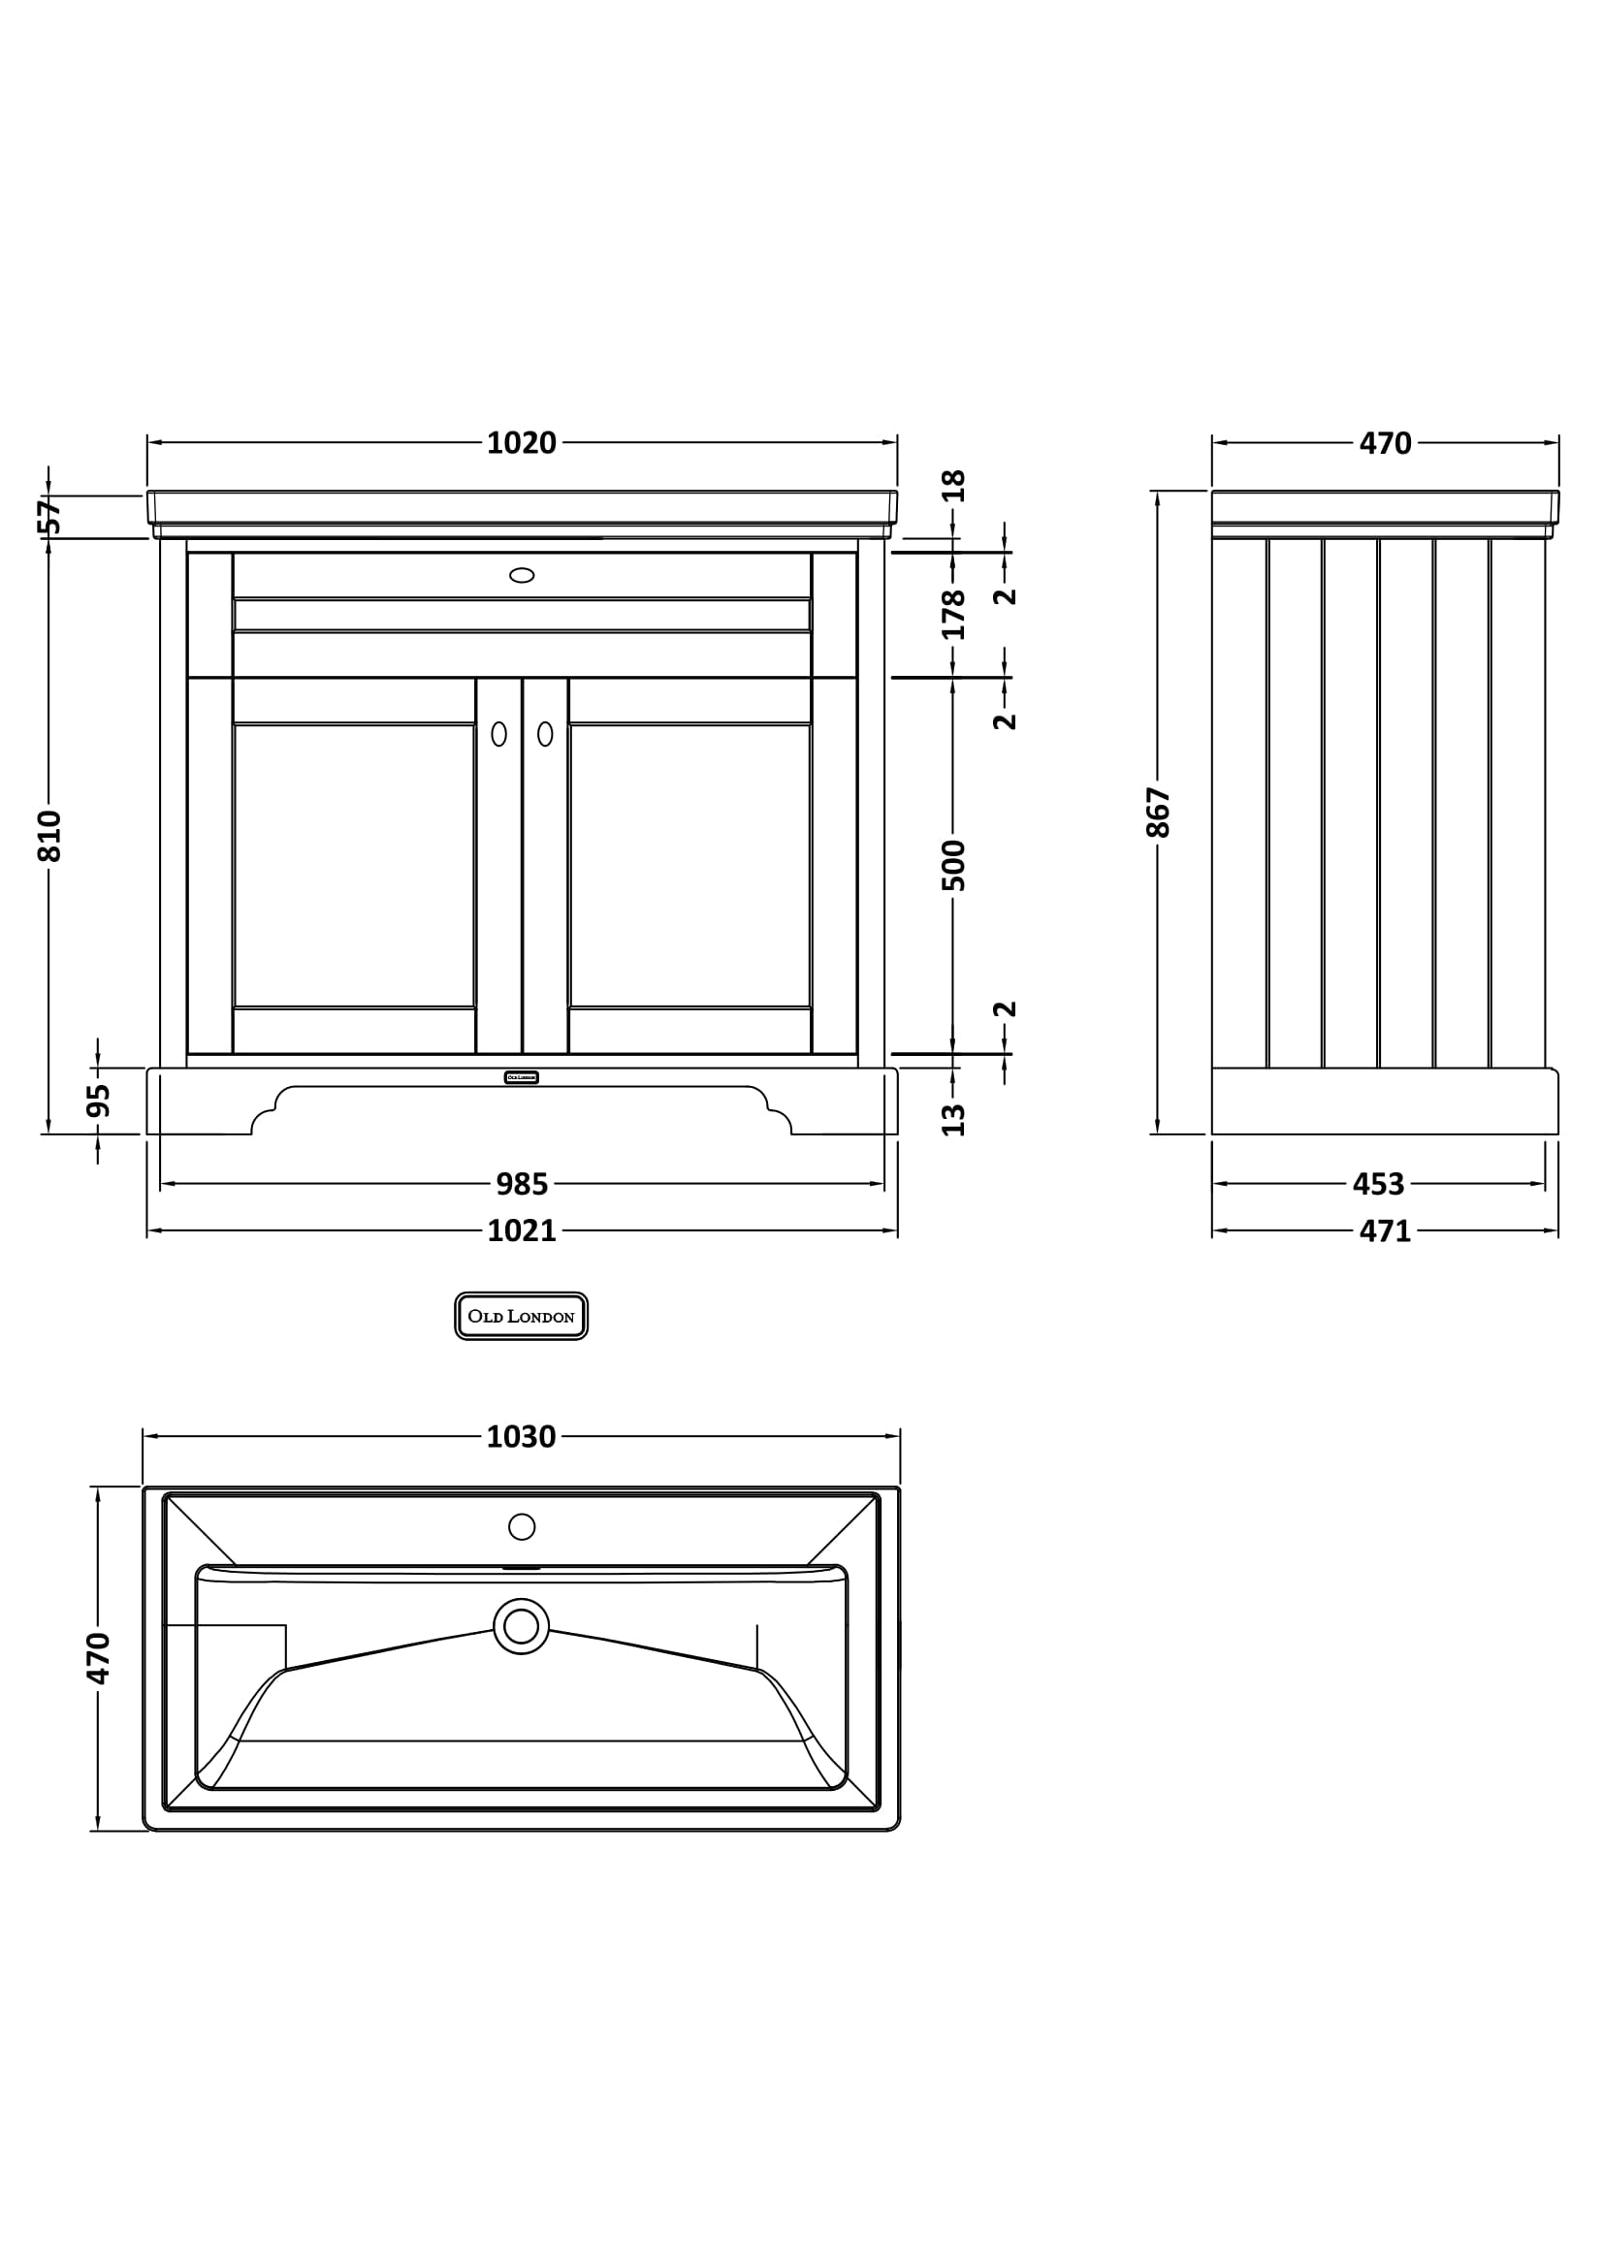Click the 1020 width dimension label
pos(522,443)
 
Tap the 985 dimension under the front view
pos(522,1183)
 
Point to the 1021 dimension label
pos(522,1230)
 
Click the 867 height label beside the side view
pos(1158,812)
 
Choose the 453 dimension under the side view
pos(1378,1183)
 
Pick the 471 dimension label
pos(1385,1230)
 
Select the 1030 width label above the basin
pos(522,1436)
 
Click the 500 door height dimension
pos(953,864)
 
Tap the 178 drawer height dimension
pos(953,614)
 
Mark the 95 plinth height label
pos(98,1101)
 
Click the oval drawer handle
pos(522,575)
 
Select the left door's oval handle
pos(498,734)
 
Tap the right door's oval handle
pos(545,734)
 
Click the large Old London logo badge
pos(522,1316)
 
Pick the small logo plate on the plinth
pos(522,1077)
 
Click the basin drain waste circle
pos(522,1626)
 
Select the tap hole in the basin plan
pos(522,1526)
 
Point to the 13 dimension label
pos(953,1119)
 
